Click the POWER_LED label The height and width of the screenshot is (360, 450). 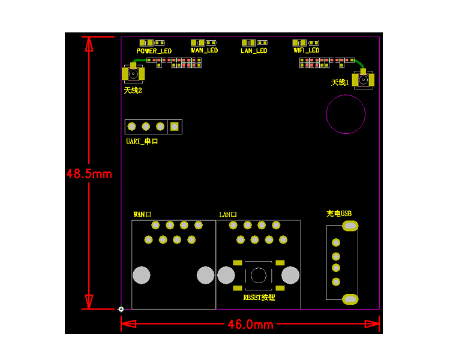click(x=154, y=51)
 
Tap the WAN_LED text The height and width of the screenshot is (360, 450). click(x=205, y=50)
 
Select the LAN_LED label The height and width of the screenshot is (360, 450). click(x=254, y=51)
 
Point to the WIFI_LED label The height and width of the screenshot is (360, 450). click(x=306, y=50)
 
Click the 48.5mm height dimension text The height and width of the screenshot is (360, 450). click(x=89, y=174)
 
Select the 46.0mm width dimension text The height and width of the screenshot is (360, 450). click(x=251, y=325)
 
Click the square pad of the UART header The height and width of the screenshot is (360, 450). click(x=175, y=127)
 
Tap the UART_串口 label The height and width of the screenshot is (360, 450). click(x=142, y=141)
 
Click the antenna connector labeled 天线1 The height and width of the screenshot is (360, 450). click(x=364, y=80)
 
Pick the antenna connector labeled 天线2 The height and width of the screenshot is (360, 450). click(x=133, y=74)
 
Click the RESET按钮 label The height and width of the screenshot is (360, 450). click(x=259, y=298)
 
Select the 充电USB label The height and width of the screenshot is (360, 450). click(x=339, y=214)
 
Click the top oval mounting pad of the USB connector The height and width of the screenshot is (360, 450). click(x=350, y=226)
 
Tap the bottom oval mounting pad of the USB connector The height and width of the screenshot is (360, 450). click(x=350, y=299)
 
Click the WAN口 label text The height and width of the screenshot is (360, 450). click(x=142, y=214)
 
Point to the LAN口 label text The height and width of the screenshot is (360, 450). click(x=228, y=214)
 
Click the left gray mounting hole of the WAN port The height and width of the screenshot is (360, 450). click(x=142, y=275)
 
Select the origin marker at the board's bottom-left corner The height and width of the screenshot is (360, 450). click(x=121, y=309)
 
